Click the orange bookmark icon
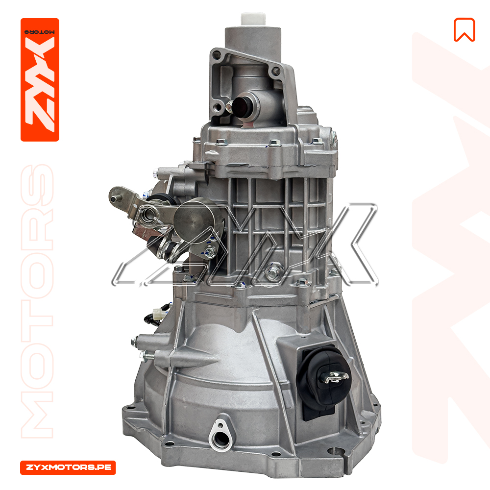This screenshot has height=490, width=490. tap(464, 29)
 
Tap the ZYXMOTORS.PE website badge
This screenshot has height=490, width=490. tap(68, 467)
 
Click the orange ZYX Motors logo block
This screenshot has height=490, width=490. tap(40, 80)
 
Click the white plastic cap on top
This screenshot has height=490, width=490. tap(253, 19)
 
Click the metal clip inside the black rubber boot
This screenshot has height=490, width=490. tap(334, 377)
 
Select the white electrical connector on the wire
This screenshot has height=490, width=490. tap(157, 314)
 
